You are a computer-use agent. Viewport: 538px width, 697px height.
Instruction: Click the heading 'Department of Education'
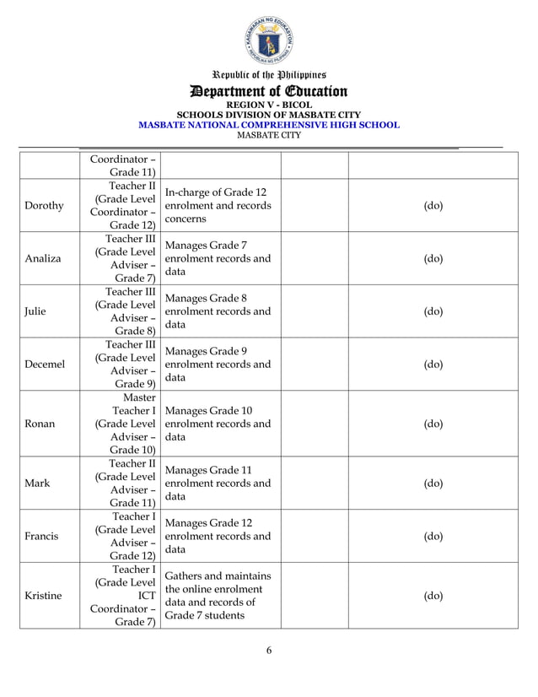[268, 91]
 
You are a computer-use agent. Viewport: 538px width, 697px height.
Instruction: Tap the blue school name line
[268, 125]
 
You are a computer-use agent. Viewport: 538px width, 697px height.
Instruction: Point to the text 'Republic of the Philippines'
[268, 74]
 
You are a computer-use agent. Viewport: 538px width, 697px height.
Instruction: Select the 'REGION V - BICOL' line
[268, 105]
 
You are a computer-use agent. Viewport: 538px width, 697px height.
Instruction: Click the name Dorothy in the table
[43, 205]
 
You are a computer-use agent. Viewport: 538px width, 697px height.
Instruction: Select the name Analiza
[43, 258]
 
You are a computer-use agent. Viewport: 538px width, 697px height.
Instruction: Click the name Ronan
[40, 424]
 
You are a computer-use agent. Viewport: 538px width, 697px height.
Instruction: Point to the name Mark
[37, 484]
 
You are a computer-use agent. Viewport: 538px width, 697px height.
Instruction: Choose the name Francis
[41, 536]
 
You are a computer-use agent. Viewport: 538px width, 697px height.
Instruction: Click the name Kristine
[43, 595]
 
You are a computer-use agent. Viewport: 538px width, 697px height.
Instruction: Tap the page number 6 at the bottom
[268, 649]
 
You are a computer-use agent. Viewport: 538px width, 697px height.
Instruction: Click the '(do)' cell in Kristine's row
[433, 595]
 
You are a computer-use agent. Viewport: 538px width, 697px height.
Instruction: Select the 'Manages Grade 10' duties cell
[218, 424]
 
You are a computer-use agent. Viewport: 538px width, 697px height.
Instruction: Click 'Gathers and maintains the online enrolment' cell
[218, 595]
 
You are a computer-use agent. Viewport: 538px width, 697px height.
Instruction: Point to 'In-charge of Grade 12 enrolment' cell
[218, 205]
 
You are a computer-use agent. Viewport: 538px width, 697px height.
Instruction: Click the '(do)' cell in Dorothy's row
[433, 205]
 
